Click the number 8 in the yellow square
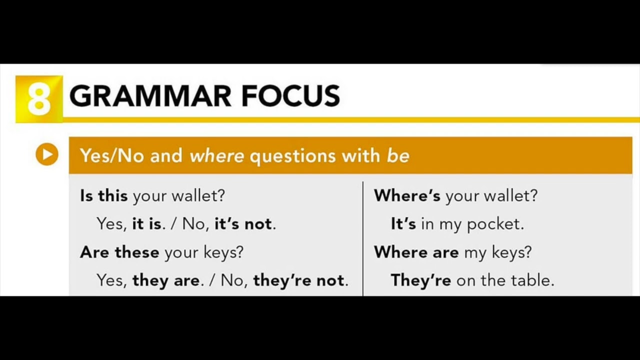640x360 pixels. coord(39,98)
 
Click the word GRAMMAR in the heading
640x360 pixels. coord(150,96)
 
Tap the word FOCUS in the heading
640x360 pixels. coord(290,96)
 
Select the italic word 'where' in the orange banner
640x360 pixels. coord(216,156)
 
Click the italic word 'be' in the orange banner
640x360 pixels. coord(398,156)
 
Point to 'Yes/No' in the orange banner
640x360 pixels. coord(112,156)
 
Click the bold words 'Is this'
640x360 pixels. coord(104,195)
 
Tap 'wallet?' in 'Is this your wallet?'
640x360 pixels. coord(198,195)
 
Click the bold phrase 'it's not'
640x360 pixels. coord(243,224)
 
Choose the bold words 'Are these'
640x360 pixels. coord(119,252)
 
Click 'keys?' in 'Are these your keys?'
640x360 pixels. coord(223,252)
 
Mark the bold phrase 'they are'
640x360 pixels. coord(166,280)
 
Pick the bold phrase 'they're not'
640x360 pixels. coord(299,280)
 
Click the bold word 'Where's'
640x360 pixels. coord(407,195)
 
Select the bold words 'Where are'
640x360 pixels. coord(416,252)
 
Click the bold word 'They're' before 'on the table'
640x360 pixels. coord(421,280)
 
